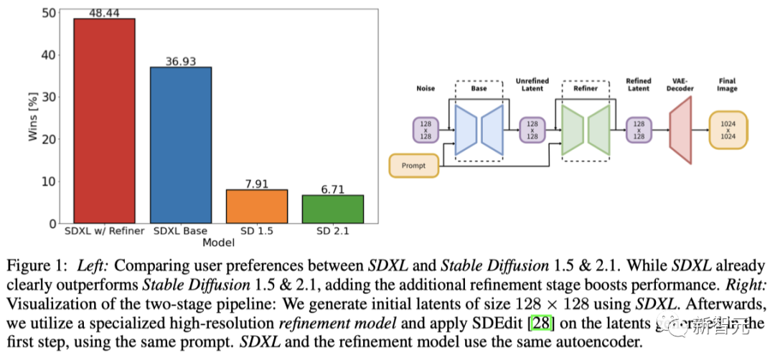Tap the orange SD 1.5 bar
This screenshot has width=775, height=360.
pyautogui.click(x=256, y=206)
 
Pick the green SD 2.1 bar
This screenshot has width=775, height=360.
pyautogui.click(x=332, y=209)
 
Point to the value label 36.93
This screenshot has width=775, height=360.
pyautogui.click(x=180, y=62)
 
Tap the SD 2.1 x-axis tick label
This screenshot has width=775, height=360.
pyautogui.click(x=332, y=232)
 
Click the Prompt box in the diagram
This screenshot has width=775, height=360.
pyautogui.click(x=413, y=166)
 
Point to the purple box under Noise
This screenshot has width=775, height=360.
pyautogui.click(x=426, y=130)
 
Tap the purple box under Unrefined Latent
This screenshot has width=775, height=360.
pyautogui.click(x=532, y=130)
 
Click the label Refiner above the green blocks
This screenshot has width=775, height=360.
pyautogui.click(x=586, y=88)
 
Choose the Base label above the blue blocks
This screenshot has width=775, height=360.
pyautogui.click(x=479, y=88)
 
